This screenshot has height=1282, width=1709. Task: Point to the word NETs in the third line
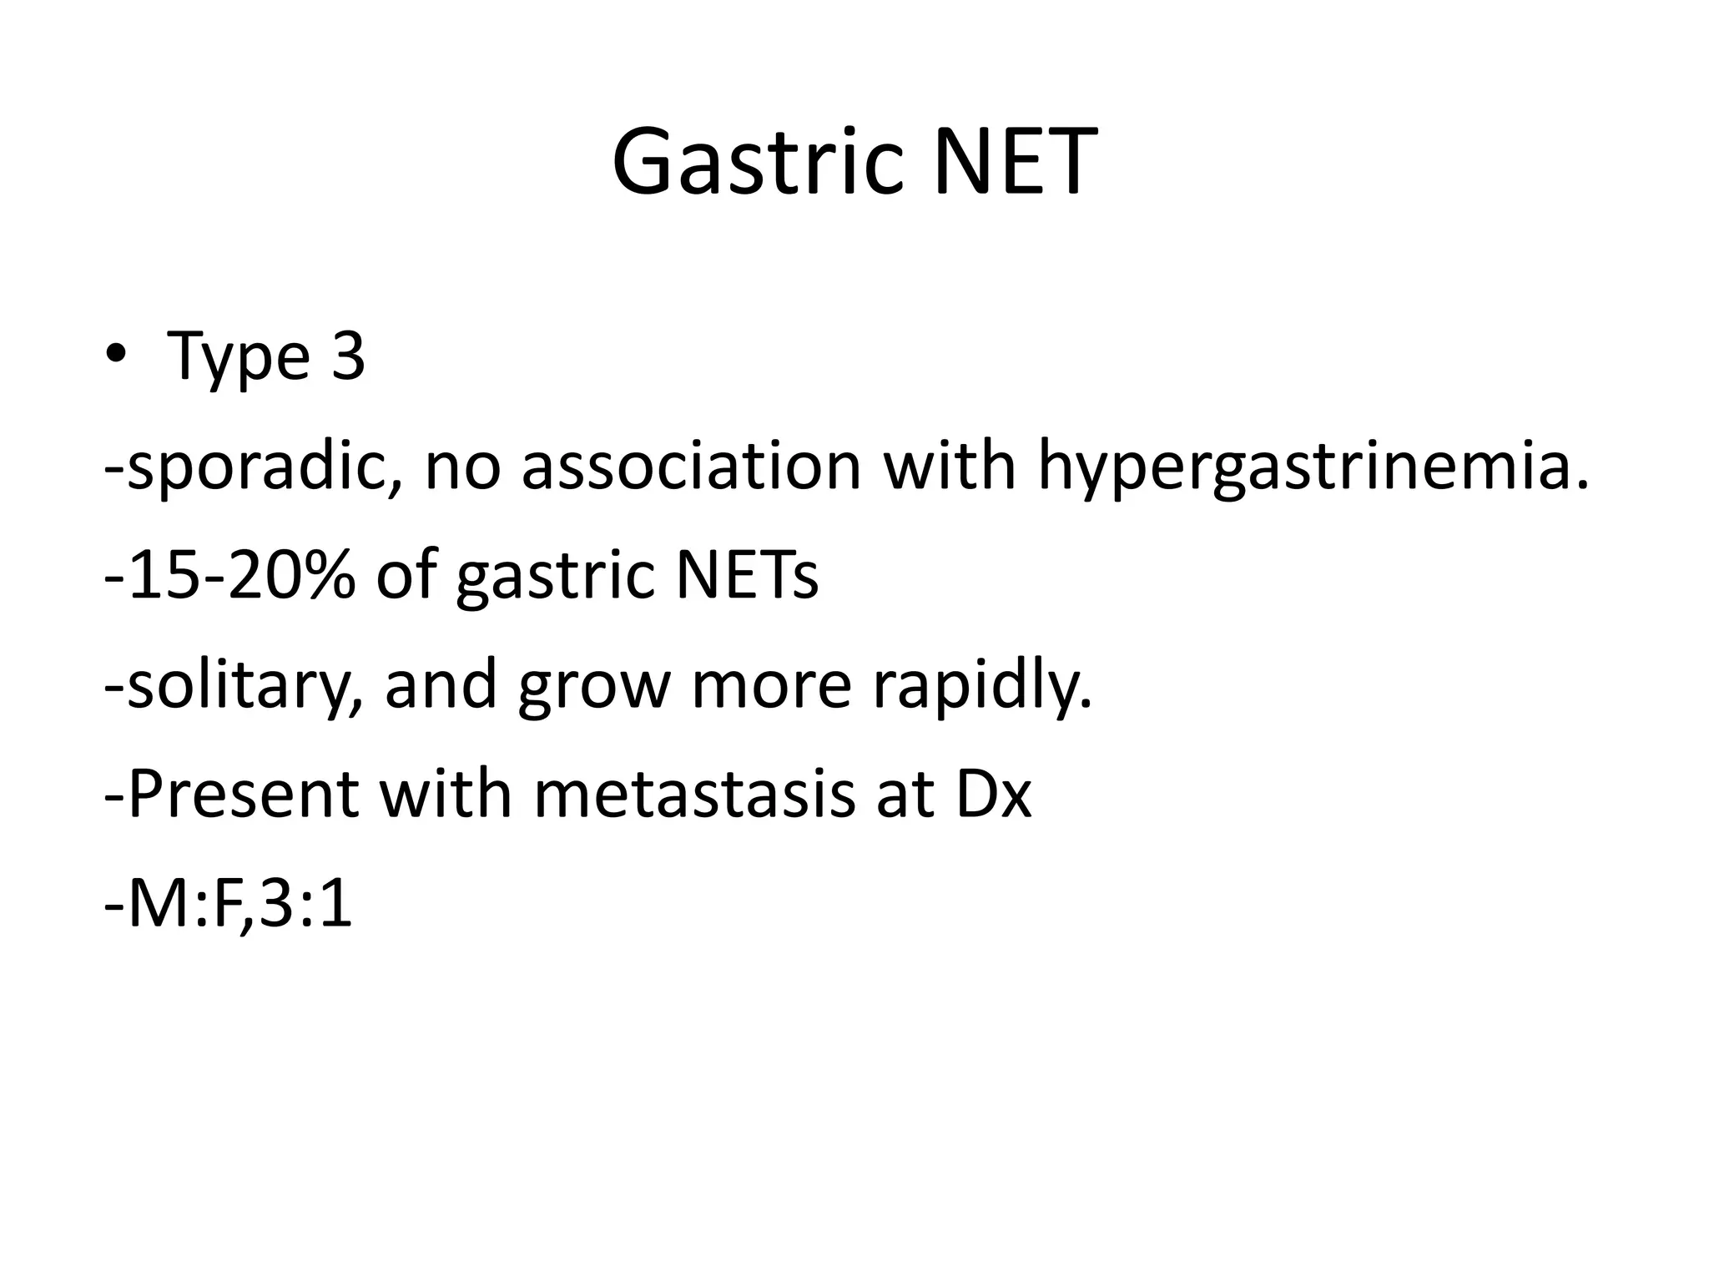pyautogui.click(x=747, y=576)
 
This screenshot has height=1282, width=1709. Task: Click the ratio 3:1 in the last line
pyautogui.click(x=305, y=905)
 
